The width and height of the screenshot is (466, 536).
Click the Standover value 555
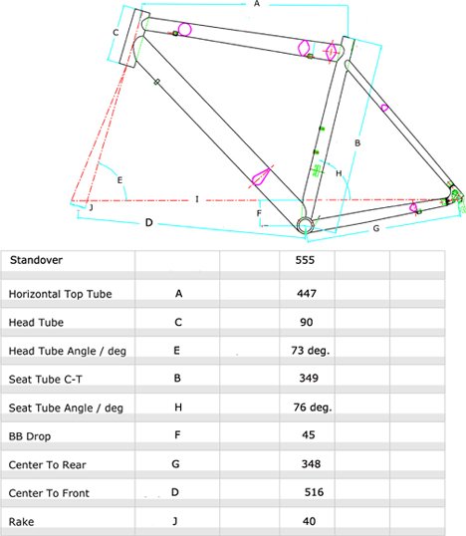(305, 260)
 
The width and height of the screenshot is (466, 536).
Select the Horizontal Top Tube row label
(60, 294)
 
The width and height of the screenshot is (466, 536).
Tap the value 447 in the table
(307, 293)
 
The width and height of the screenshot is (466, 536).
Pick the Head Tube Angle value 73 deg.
(311, 351)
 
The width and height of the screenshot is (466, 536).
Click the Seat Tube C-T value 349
(309, 378)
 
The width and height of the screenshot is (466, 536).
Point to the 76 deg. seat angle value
(313, 407)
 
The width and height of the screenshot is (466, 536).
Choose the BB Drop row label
(30, 436)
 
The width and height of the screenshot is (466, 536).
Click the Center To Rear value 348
(311, 464)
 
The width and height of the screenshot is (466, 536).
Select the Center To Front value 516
(314, 492)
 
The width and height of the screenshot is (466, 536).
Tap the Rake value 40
(309, 521)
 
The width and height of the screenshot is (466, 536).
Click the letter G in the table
(175, 464)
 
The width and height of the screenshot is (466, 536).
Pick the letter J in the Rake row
(175, 521)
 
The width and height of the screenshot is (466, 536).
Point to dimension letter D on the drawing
(149, 223)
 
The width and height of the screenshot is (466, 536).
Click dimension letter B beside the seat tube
(357, 142)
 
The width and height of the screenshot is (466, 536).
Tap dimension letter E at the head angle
(119, 179)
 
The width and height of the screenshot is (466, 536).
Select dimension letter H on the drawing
(339, 173)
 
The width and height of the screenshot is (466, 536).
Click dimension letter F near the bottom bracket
(259, 213)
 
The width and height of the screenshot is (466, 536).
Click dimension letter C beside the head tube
(116, 33)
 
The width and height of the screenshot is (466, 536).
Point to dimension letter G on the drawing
(376, 228)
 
